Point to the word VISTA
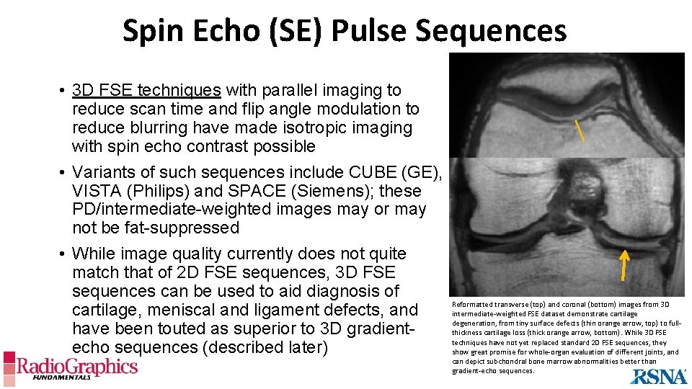point(96,191)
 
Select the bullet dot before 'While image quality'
point(64,254)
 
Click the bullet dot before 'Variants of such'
point(64,173)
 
